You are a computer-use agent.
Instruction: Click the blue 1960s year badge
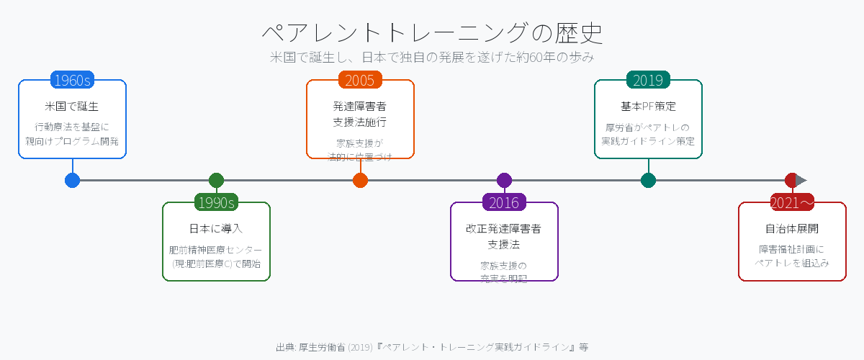click(72, 80)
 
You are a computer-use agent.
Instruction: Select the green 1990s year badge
click(216, 202)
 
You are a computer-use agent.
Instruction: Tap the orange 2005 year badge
click(360, 80)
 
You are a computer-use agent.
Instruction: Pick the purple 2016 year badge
click(504, 202)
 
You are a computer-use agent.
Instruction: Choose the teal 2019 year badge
click(648, 80)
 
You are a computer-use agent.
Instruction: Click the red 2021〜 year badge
click(792, 202)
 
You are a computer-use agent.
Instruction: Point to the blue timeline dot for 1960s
click(72, 180)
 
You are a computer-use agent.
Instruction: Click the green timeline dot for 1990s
click(216, 180)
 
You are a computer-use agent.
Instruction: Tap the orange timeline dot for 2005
click(360, 180)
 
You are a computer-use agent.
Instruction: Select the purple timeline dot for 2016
click(504, 180)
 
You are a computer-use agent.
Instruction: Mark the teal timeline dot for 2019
click(648, 180)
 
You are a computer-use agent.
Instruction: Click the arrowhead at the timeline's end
click(801, 180)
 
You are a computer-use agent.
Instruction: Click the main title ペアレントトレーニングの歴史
click(432, 33)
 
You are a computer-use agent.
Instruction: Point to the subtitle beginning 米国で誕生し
click(432, 57)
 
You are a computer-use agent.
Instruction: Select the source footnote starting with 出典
click(432, 347)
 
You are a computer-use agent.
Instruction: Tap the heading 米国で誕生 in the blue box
click(72, 107)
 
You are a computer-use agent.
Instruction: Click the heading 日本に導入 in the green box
click(216, 229)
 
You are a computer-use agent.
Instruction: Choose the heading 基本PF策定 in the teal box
click(648, 107)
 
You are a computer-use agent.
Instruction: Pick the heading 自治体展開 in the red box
click(792, 229)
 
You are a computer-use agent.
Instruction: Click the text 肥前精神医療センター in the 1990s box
click(216, 250)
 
